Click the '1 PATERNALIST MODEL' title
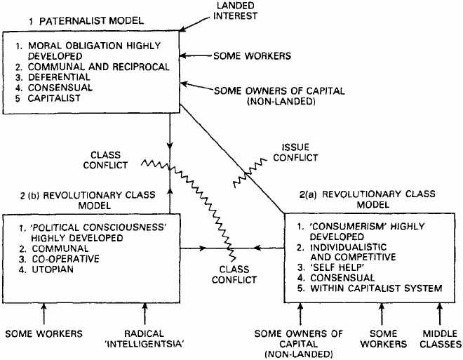click(86, 21)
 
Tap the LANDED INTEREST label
click(235, 11)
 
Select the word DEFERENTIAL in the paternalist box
click(59, 77)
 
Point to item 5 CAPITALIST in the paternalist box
click(48, 98)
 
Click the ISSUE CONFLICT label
click(295, 152)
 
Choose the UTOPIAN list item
click(46, 269)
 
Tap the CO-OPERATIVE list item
click(60, 259)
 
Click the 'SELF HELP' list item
click(330, 267)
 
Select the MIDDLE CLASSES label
click(441, 339)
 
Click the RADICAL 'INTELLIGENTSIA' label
click(145, 339)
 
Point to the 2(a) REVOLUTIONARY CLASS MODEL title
click(368, 199)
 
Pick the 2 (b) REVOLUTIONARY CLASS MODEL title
click(88, 200)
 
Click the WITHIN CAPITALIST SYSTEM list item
click(370, 288)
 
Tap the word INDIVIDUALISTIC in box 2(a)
click(348, 247)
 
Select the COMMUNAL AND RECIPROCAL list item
click(93, 67)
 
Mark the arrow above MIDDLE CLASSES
click(440, 314)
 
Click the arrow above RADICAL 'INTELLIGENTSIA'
click(145, 314)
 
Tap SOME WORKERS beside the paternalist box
click(252, 56)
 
